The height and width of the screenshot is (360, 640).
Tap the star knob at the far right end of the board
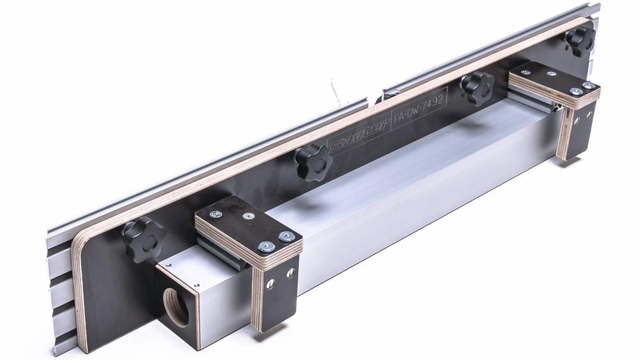[580, 40]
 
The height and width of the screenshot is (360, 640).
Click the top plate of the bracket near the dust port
[246, 227]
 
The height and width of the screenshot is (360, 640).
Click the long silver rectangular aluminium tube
[397, 173]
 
